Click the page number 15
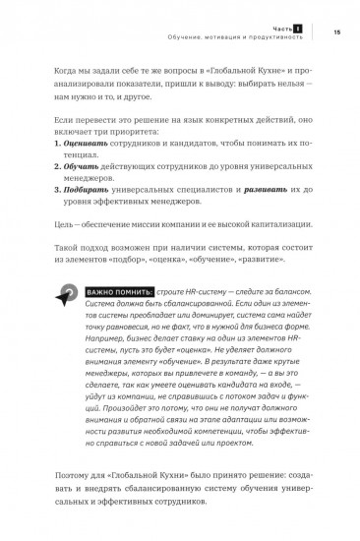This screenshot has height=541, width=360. pos(336,32)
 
